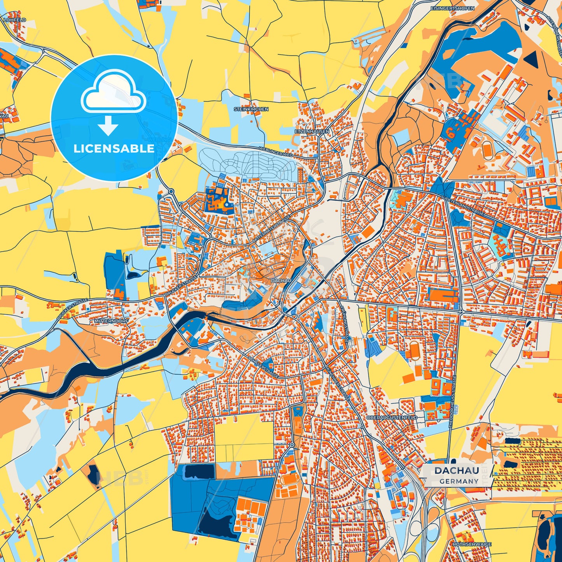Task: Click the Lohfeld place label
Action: [x=15, y=19]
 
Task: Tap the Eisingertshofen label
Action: [x=452, y=8]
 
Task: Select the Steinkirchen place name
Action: [x=251, y=109]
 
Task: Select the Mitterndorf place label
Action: [x=106, y=322]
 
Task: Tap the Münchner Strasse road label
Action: [x=338, y=383]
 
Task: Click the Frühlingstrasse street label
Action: [x=344, y=323]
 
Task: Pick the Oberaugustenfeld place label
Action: [x=391, y=417]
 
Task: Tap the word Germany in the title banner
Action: [x=459, y=481]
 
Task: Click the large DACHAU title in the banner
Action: [x=457, y=471]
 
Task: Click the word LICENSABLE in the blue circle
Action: [x=114, y=149]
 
